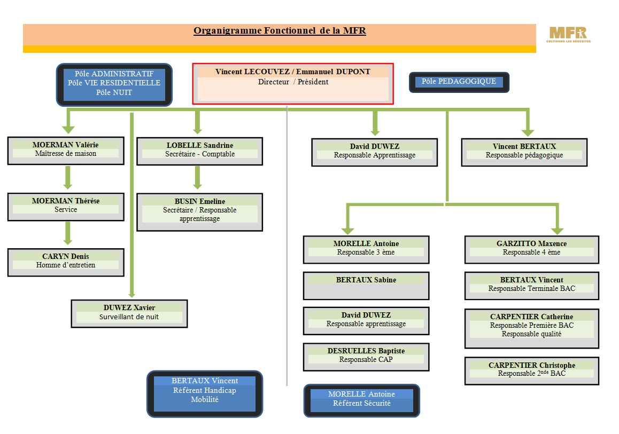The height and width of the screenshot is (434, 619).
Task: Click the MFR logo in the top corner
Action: point(568,35)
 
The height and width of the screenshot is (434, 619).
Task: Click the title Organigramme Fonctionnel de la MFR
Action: point(280,31)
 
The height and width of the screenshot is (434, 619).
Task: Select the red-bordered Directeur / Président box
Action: point(293,84)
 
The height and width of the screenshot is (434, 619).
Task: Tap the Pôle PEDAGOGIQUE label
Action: point(459,82)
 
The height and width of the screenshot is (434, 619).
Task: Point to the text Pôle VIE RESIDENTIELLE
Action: point(114,83)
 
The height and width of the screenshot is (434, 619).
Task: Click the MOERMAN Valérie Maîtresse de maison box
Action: point(66,151)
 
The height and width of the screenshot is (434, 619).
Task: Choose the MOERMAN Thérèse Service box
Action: point(66,207)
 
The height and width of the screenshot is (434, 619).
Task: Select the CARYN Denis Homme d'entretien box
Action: point(66,262)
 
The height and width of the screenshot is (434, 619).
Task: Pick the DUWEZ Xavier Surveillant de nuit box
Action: point(129,313)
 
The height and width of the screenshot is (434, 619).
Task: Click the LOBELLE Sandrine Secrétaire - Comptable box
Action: point(199,151)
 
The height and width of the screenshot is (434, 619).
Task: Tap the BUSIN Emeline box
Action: point(199,212)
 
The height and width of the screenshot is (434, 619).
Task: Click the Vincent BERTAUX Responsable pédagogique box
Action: point(524,152)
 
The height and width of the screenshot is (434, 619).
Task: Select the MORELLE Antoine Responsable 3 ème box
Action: point(366,249)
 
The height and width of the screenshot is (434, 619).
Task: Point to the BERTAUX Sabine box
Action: point(366,286)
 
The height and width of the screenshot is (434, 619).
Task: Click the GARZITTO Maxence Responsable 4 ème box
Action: point(531,249)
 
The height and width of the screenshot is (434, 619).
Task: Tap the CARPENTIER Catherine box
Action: point(531,328)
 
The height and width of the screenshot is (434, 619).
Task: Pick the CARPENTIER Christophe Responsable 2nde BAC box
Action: point(531,370)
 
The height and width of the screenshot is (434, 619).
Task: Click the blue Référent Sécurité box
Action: point(361,400)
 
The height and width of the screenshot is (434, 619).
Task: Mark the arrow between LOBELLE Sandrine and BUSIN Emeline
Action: point(197,178)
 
